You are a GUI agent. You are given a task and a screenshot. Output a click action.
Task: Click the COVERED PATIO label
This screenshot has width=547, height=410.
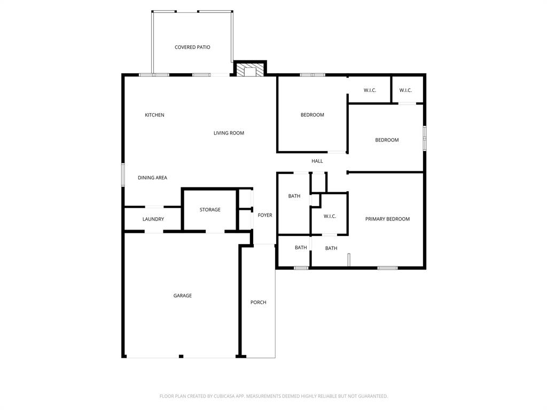click(x=192, y=48)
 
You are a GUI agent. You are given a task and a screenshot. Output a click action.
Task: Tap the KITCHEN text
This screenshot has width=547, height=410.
click(x=154, y=115)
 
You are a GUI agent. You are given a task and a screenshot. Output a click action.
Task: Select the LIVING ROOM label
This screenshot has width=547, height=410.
click(x=229, y=133)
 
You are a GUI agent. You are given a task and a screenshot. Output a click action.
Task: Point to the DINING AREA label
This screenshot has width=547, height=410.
click(x=152, y=178)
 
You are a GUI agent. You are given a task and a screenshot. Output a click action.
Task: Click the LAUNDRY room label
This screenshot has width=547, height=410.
click(x=153, y=219)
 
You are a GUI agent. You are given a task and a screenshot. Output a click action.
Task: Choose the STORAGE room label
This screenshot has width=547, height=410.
click(x=210, y=210)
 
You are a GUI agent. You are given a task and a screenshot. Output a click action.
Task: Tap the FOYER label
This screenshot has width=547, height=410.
click(x=265, y=215)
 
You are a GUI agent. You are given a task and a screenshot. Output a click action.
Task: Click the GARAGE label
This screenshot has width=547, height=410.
click(x=182, y=296)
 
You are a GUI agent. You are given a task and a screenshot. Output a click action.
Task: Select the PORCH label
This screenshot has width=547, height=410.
click(x=259, y=303)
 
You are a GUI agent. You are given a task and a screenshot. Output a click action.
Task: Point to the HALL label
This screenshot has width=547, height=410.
click(x=317, y=161)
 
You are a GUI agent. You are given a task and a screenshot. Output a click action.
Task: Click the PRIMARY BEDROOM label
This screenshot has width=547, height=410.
click(x=387, y=219)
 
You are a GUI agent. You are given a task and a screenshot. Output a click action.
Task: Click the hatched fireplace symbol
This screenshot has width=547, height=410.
click(x=250, y=70)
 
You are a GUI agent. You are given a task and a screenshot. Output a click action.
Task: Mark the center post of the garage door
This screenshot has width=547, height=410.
click(x=181, y=356)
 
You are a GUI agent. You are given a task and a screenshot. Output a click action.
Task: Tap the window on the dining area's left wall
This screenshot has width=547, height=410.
click(x=123, y=175)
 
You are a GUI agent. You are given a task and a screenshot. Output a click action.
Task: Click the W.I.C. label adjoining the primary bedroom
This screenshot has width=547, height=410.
click(x=330, y=216)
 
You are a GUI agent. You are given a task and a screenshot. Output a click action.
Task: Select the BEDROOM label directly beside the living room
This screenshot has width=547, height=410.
click(x=312, y=115)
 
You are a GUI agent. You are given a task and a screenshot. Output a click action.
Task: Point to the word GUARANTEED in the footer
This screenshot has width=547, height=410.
click(x=372, y=396)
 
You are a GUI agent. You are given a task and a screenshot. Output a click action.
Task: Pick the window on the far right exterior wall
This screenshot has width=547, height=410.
click(x=425, y=138)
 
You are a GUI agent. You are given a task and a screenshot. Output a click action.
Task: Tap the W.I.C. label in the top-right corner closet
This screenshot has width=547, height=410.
click(x=405, y=90)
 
